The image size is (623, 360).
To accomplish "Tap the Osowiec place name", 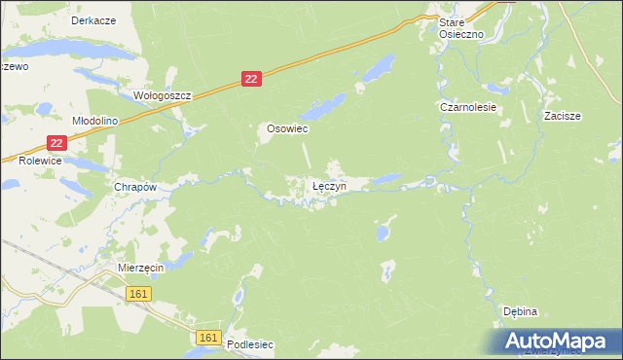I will click(288, 127).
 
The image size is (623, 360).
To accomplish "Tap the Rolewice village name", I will click(40, 161).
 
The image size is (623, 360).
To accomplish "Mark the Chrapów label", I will click(136, 186).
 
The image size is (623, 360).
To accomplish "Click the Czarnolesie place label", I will click(468, 107).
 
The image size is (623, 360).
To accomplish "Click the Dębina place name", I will click(521, 311).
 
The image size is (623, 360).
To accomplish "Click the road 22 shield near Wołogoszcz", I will click(251, 80).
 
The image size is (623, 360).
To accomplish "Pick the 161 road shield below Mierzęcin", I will click(137, 293).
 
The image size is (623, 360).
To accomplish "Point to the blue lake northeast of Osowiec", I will click(376, 68).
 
